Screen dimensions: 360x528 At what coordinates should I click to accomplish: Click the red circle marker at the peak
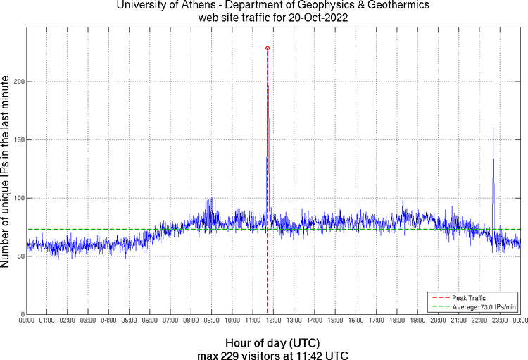(x=268, y=48)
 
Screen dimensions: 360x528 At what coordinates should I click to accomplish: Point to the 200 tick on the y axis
(x=19, y=82)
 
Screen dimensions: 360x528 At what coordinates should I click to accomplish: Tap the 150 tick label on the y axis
(x=19, y=140)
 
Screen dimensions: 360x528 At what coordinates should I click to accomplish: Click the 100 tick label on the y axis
(x=19, y=198)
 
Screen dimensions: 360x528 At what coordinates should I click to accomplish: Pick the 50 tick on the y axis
(x=21, y=256)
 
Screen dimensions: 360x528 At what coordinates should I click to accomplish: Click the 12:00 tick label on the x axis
(x=274, y=321)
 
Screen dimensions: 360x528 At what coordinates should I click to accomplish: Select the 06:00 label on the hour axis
(x=150, y=321)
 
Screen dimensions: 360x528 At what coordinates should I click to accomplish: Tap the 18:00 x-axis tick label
(x=397, y=321)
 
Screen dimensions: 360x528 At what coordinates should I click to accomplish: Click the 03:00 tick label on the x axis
(x=89, y=321)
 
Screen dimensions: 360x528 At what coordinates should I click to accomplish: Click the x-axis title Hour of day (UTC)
(x=273, y=343)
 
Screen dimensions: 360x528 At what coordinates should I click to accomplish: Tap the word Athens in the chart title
(x=183, y=6)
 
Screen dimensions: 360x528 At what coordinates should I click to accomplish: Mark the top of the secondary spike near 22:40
(x=494, y=128)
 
